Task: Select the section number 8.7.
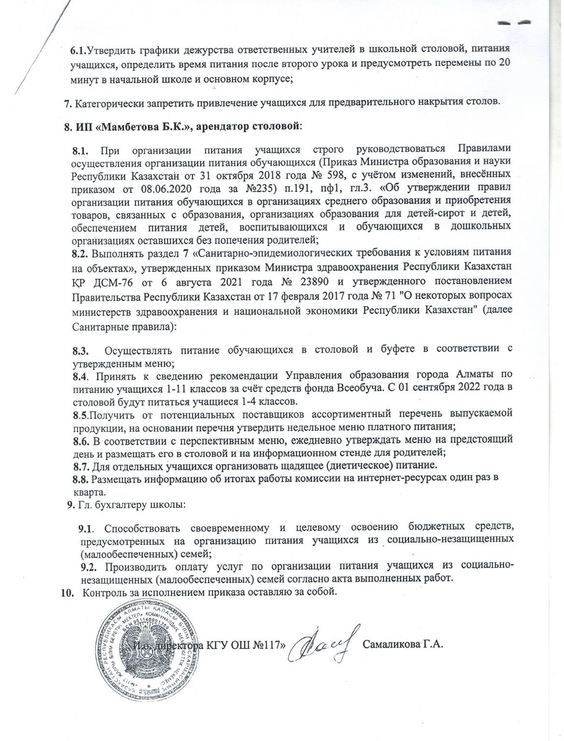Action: click(81, 465)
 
